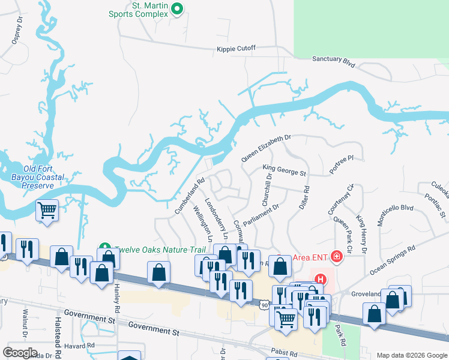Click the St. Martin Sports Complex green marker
[176, 9]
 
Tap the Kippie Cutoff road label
[236, 48]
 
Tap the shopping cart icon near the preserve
[47, 211]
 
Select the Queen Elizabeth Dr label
[265, 148]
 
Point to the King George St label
[284, 171]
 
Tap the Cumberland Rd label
[189, 196]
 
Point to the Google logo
[20, 353]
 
